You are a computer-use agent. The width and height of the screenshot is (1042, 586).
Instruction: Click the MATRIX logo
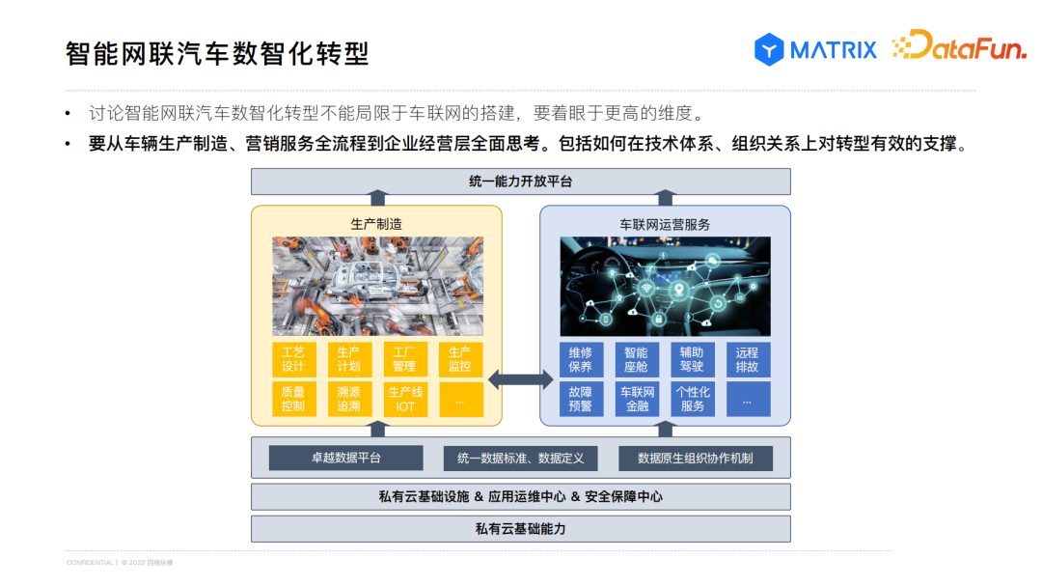[815, 49]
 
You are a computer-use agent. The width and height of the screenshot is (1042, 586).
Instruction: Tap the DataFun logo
[959, 46]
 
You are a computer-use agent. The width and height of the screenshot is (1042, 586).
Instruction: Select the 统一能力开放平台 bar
[520, 181]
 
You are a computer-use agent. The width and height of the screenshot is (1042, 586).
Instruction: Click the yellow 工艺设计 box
[293, 359]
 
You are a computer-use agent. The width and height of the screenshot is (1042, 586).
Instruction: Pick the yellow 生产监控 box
[460, 359]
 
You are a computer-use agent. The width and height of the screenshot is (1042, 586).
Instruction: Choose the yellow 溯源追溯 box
[348, 399]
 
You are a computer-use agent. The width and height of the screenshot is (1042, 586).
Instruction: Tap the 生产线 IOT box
[404, 399]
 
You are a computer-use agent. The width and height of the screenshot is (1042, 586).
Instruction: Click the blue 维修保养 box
[581, 359]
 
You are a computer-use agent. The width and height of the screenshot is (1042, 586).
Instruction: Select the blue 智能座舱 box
[636, 359]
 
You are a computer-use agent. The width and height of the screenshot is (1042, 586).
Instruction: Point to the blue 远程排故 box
[748, 359]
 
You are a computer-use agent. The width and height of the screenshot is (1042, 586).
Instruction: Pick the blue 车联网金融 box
[636, 399]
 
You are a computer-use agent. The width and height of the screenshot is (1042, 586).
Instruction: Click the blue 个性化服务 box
[692, 399]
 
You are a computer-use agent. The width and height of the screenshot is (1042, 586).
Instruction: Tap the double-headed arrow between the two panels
[521, 379]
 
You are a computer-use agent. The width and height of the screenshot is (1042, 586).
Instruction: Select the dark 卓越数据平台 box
[345, 458]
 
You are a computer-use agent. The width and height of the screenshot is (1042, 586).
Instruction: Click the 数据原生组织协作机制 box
[697, 458]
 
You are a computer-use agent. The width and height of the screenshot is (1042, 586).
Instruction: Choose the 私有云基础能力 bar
[520, 529]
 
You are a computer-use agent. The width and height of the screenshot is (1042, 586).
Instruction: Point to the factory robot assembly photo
[377, 286]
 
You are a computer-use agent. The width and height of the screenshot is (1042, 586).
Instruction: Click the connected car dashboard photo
[665, 286]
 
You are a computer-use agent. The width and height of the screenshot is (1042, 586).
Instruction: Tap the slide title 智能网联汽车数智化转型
[218, 52]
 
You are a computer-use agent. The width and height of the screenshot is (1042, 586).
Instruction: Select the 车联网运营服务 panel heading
[665, 224]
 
